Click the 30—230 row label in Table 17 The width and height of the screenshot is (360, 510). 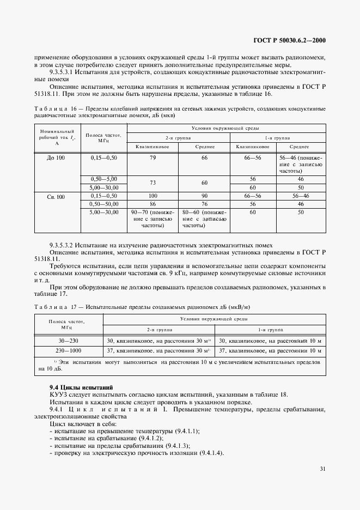pos(68,341)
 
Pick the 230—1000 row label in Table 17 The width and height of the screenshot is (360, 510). pos(68,350)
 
